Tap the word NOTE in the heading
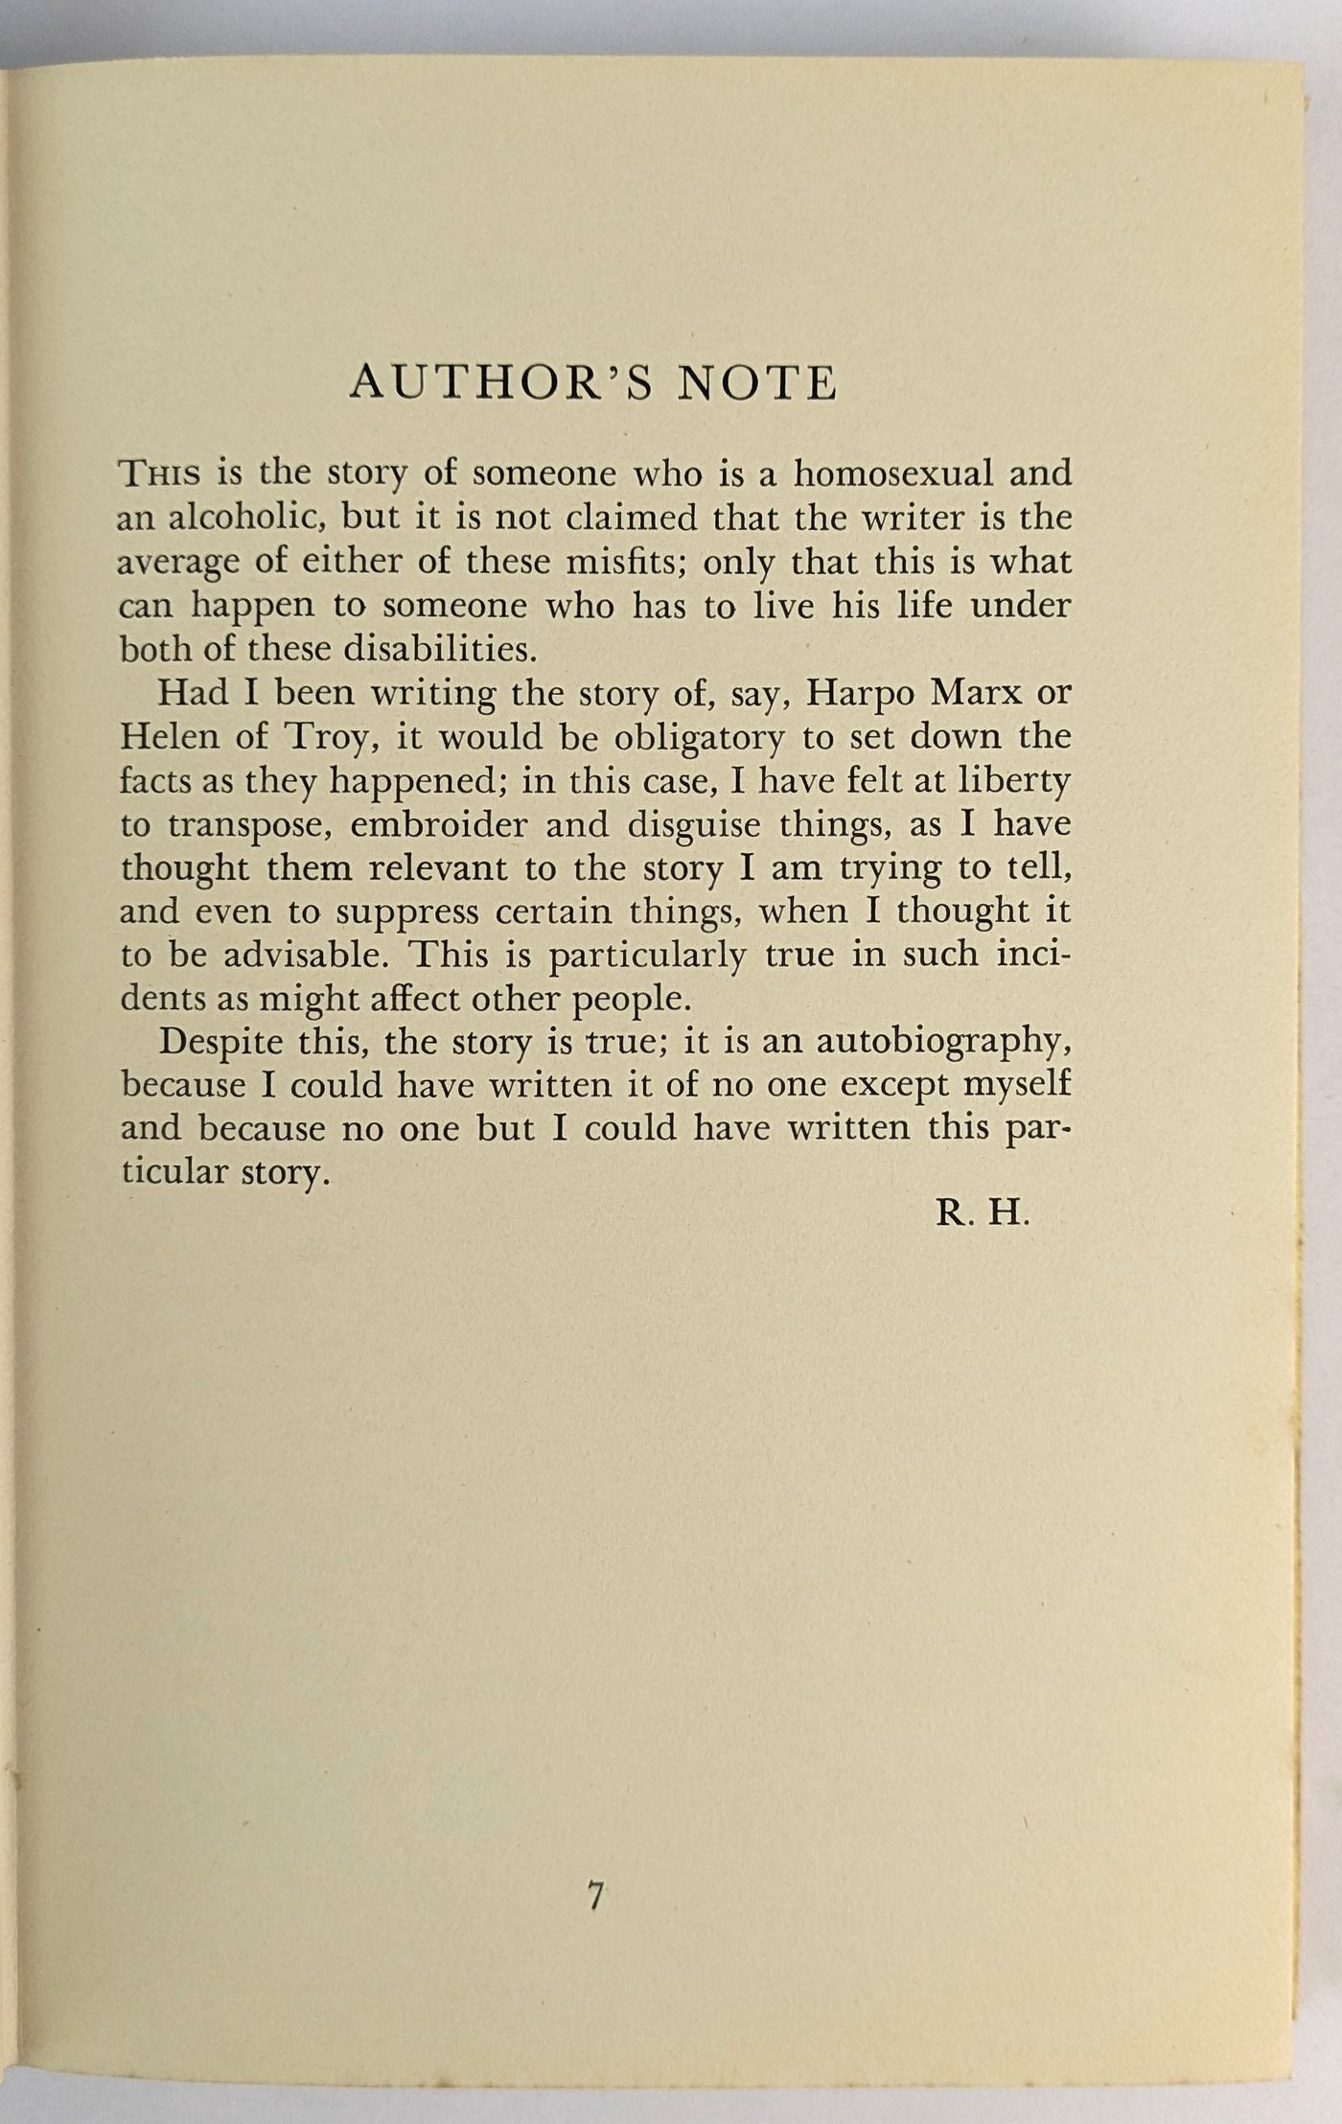click(757, 383)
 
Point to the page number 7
click(596, 1895)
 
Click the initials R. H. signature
click(982, 1214)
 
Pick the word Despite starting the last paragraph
click(220, 1043)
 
